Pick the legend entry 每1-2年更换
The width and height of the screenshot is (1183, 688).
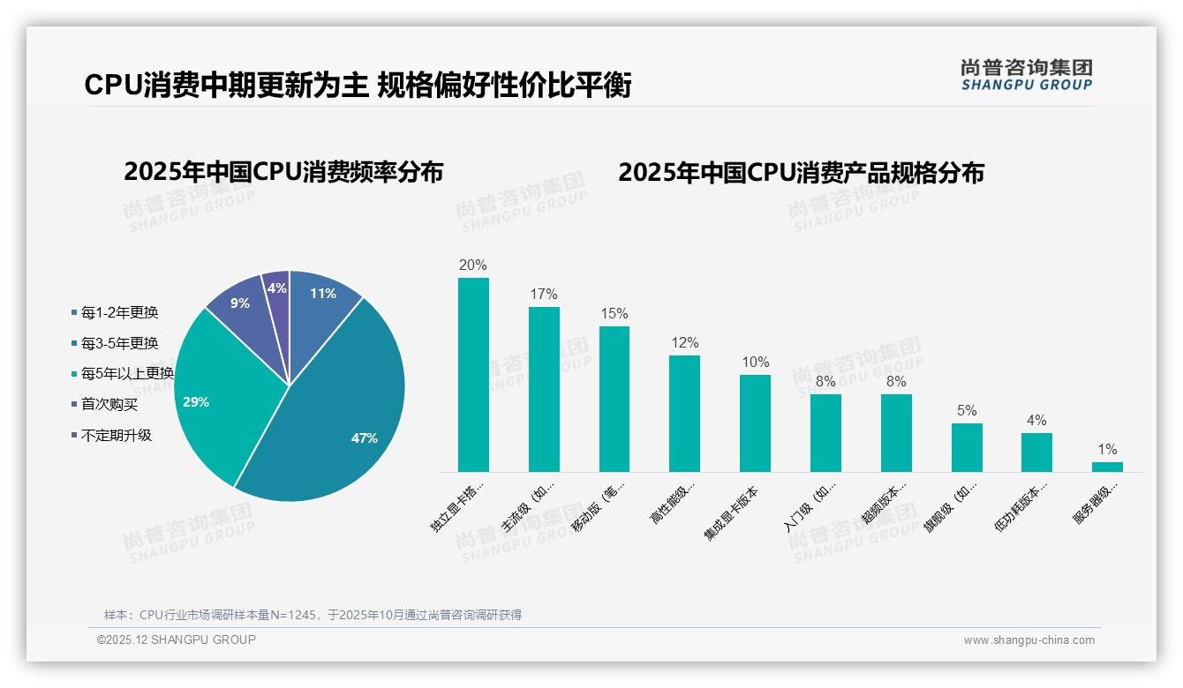pyautogui.click(x=119, y=312)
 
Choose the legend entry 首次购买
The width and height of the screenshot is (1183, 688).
pyautogui.click(x=109, y=404)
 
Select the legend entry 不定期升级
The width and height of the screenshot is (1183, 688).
pyautogui.click(x=116, y=435)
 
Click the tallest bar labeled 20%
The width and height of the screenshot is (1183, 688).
pyautogui.click(x=473, y=375)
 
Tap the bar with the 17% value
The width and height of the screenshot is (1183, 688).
pyautogui.click(x=544, y=389)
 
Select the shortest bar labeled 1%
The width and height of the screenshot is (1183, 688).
pyautogui.click(x=1107, y=467)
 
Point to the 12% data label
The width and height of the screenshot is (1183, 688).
pyautogui.click(x=684, y=342)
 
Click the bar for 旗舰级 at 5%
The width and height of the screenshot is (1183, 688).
pyautogui.click(x=967, y=447)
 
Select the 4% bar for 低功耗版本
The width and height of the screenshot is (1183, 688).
pyautogui.click(x=1036, y=452)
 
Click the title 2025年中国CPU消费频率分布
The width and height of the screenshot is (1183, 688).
pyautogui.click(x=283, y=171)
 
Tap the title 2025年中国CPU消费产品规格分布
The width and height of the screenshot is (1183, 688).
pyautogui.click(x=800, y=172)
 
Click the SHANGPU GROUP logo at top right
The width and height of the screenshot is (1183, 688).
pyautogui.click(x=1026, y=75)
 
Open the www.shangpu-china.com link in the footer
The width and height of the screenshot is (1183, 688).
pyautogui.click(x=1029, y=640)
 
